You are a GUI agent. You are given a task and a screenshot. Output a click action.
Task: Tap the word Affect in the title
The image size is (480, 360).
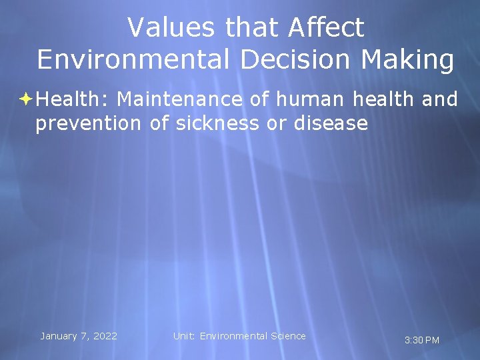326,28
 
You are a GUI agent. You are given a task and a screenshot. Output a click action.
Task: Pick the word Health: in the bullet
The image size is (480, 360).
73,100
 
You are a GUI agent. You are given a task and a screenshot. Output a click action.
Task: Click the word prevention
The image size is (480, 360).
88,123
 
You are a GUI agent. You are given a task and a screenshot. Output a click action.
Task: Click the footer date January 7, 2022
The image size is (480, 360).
79,336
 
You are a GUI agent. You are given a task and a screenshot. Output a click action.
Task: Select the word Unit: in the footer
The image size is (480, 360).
184,336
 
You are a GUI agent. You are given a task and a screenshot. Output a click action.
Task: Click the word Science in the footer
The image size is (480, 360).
287,336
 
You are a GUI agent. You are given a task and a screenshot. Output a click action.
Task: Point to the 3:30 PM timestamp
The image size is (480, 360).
422,341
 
